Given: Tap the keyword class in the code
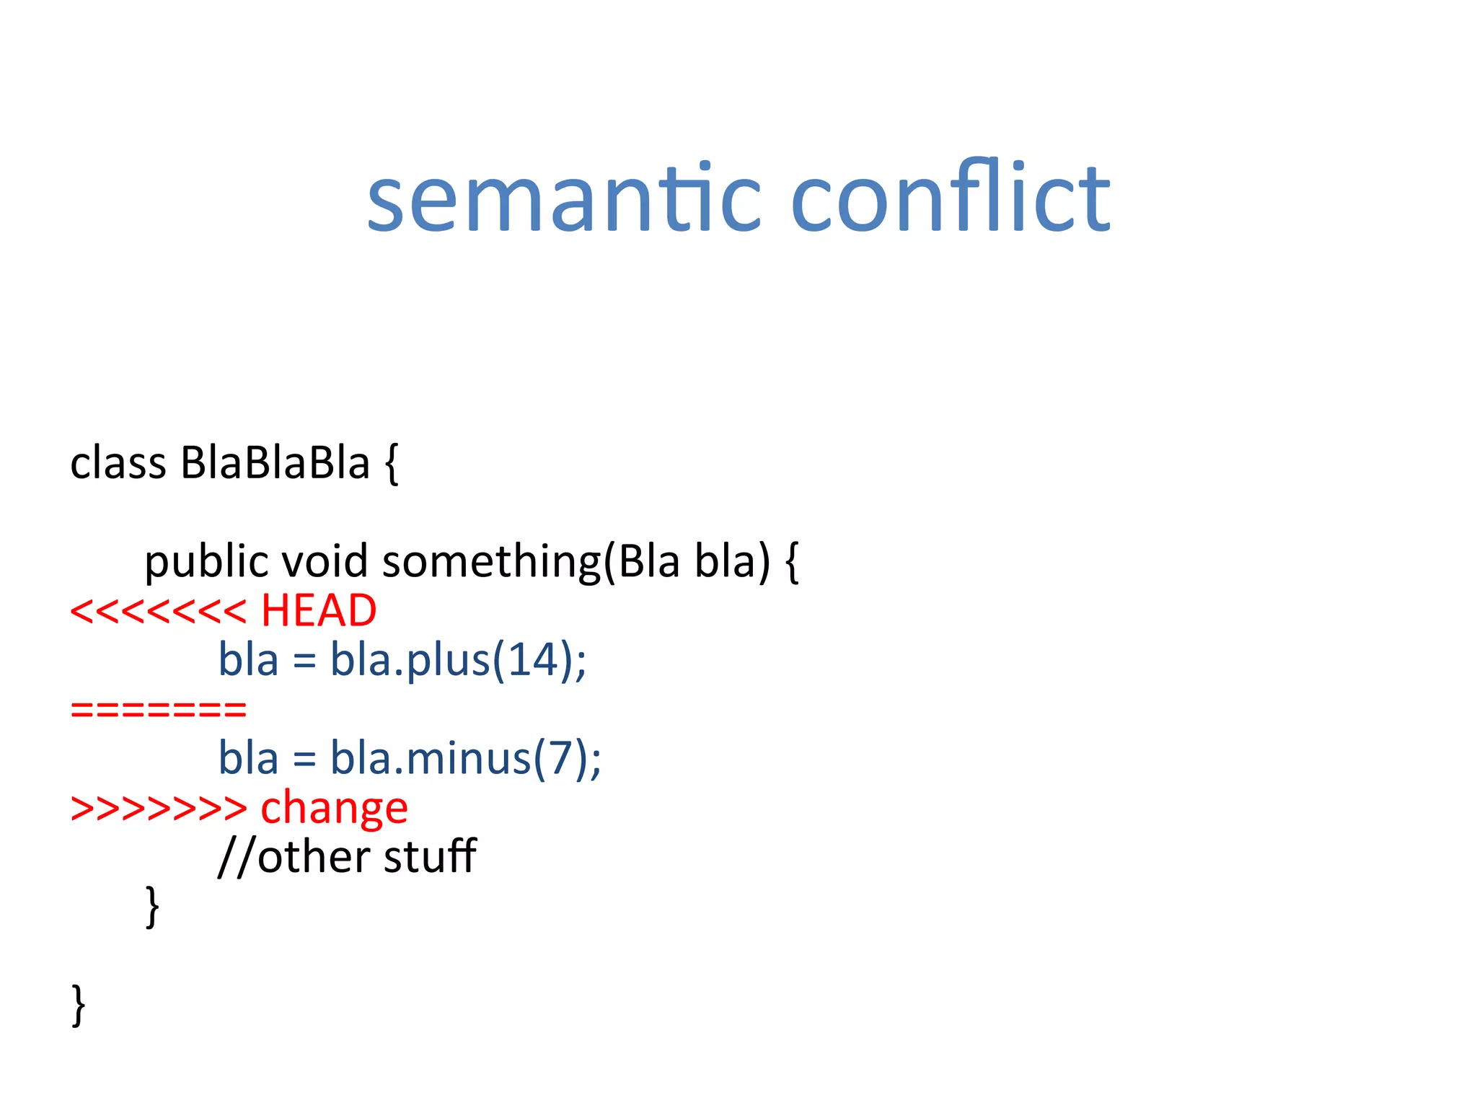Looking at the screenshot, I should [118, 463].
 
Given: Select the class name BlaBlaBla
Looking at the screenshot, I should [275, 463].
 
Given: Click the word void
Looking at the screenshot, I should [325, 561].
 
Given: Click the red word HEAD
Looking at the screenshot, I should [318, 611].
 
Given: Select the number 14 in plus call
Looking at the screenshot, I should [534, 659].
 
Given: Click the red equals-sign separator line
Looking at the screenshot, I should [158, 709].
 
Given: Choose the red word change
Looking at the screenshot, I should [334, 808].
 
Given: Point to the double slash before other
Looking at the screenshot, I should [237, 858].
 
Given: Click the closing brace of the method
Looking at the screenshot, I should [152, 907].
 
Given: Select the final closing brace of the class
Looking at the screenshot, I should [79, 1005].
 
